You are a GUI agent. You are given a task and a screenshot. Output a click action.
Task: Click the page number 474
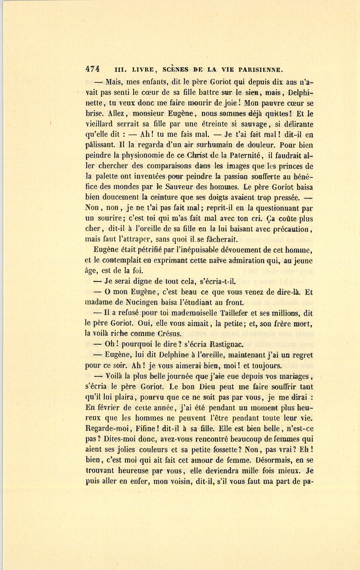click(x=92, y=68)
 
